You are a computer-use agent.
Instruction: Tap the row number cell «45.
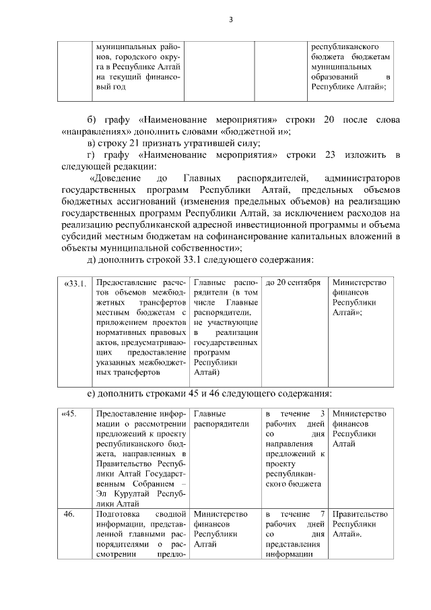point(70,413)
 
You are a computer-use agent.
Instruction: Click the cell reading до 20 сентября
point(293,283)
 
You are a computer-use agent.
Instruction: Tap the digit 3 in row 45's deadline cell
point(323,413)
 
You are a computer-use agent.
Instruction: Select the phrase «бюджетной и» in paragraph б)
point(257,131)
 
